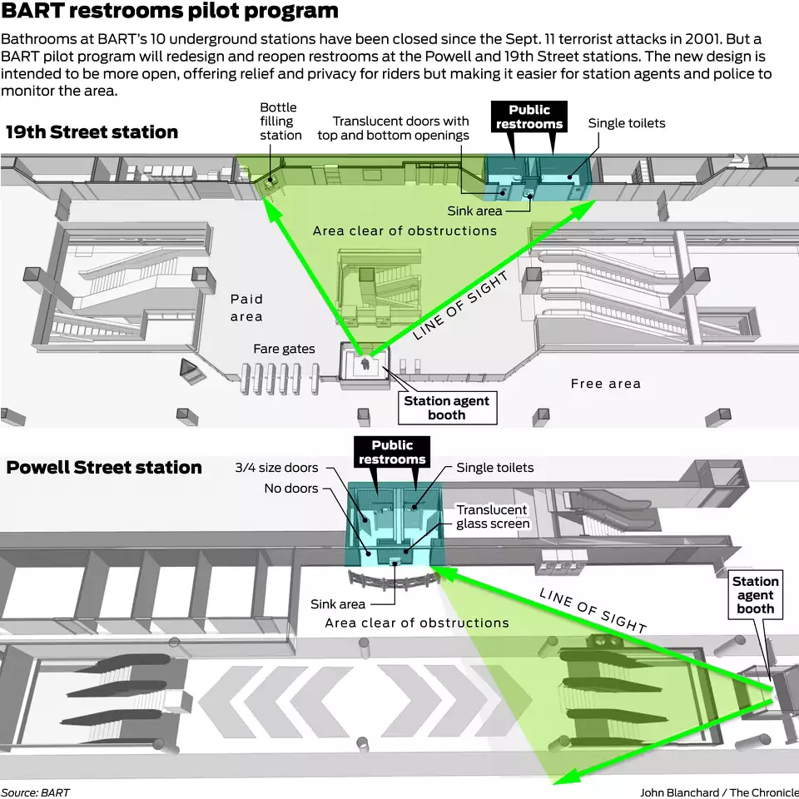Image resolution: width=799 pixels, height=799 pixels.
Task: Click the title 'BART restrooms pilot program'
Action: coord(170,12)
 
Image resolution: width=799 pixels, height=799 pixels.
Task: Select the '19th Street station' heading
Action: coord(92,132)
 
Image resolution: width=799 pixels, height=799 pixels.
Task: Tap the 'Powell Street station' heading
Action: coord(104,468)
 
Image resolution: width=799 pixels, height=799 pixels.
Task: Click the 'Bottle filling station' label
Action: coord(280,122)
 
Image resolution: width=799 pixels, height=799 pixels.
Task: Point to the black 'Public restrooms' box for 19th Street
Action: coord(529,117)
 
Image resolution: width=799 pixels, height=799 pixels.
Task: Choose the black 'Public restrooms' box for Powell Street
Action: coord(392,453)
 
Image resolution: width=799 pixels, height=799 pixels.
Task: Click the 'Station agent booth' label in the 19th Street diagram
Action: coord(446,408)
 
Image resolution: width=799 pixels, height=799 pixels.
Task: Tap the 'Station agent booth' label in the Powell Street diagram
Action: coord(756,595)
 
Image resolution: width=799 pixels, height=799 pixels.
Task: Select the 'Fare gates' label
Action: coord(285,349)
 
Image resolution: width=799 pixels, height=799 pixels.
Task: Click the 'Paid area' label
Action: coord(246,307)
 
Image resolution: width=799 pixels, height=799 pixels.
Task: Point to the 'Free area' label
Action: coord(606,384)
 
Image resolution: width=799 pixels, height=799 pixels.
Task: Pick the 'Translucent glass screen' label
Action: coord(492,516)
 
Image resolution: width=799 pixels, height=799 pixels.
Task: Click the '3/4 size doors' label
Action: coord(276,468)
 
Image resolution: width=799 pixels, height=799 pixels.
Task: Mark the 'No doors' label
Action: coord(290,489)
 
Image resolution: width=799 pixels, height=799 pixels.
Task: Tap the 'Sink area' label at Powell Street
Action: coord(338,604)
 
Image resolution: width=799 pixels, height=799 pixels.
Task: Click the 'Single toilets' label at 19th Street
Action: coord(627,123)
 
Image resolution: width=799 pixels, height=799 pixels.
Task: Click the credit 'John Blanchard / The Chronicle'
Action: coord(717,792)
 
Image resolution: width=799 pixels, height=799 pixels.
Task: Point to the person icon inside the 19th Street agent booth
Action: coord(365,364)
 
